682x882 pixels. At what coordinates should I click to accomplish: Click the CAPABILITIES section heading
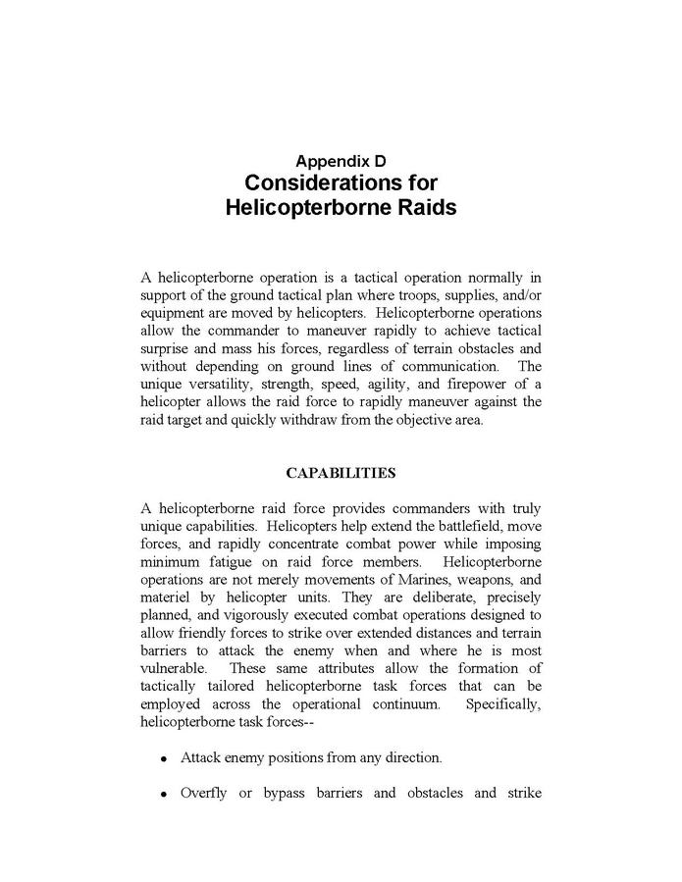[x=341, y=473]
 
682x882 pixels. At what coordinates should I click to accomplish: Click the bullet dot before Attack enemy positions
[x=163, y=758]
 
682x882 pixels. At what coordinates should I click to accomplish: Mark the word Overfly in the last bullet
[x=205, y=792]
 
